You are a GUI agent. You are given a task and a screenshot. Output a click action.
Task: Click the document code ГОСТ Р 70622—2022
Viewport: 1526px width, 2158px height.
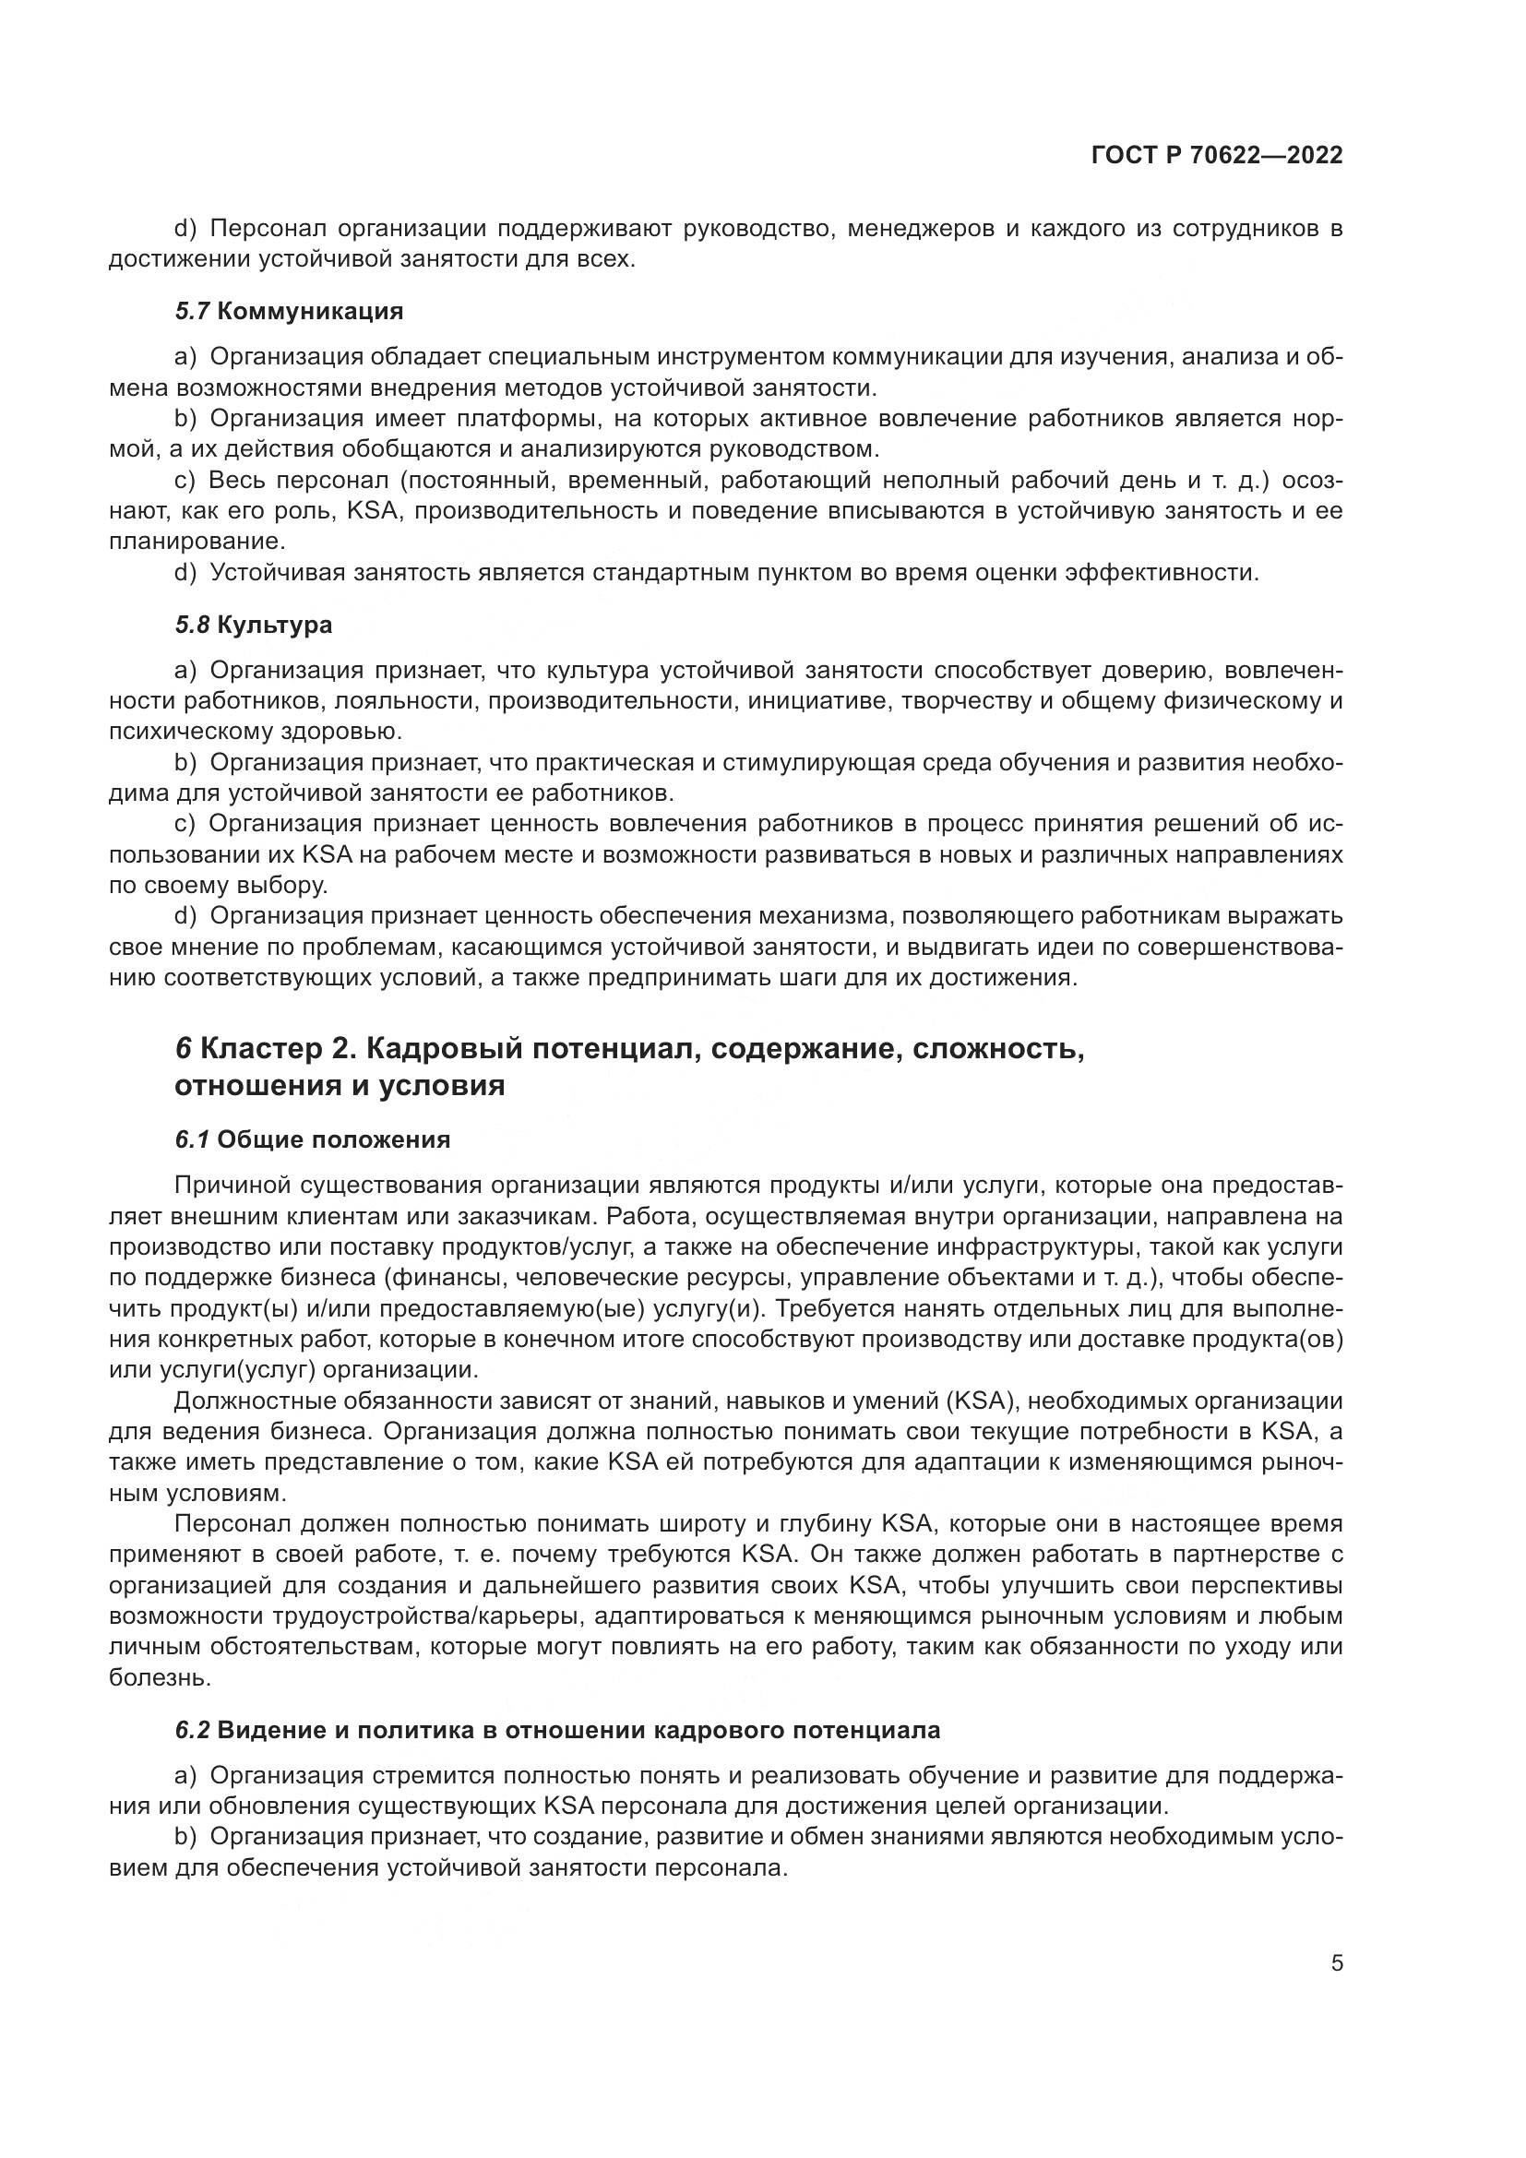(x=1217, y=156)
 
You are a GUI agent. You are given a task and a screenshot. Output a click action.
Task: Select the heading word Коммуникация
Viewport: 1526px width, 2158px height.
(x=309, y=311)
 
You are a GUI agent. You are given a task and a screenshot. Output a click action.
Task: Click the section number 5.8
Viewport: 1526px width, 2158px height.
(x=192, y=625)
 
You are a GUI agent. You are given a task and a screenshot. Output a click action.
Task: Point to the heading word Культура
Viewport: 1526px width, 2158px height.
(x=274, y=625)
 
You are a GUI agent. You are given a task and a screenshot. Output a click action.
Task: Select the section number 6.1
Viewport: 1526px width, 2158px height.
(x=192, y=1140)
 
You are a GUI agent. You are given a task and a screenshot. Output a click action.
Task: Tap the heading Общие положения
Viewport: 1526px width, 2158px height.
(x=334, y=1140)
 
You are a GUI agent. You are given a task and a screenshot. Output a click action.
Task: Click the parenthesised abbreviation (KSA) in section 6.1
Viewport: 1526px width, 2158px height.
(x=982, y=1401)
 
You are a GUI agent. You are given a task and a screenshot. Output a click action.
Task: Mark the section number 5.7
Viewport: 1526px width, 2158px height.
(x=192, y=311)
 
